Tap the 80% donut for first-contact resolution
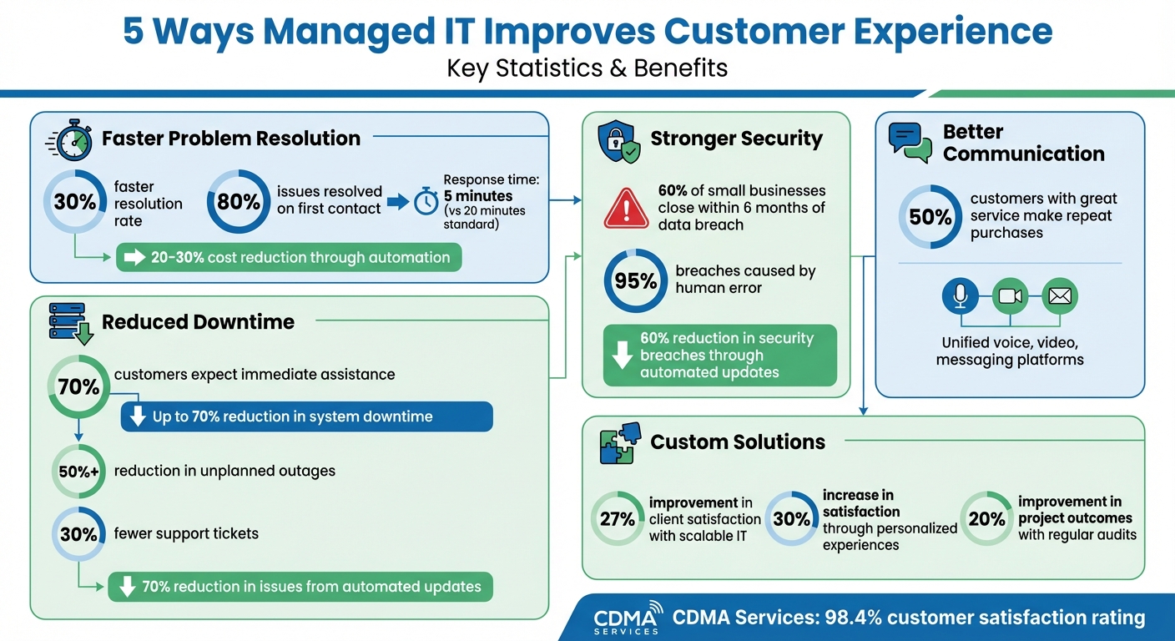pyautogui.click(x=238, y=202)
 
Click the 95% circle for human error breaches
pyautogui.click(x=635, y=281)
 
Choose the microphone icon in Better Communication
pyautogui.click(x=960, y=295)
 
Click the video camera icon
pyautogui.click(x=1010, y=295)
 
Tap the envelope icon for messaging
pyautogui.click(x=1060, y=295)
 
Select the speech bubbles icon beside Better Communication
pyautogui.click(x=910, y=142)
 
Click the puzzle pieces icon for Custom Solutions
pyautogui.click(x=620, y=442)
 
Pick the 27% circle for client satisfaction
pyautogui.click(x=618, y=518)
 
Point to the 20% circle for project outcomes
pyautogui.click(x=986, y=518)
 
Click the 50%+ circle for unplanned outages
pyautogui.click(x=78, y=472)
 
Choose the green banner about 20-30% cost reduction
pyautogui.click(x=288, y=257)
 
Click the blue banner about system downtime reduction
pyautogui.click(x=306, y=416)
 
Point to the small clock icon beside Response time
pyautogui.click(x=426, y=201)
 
